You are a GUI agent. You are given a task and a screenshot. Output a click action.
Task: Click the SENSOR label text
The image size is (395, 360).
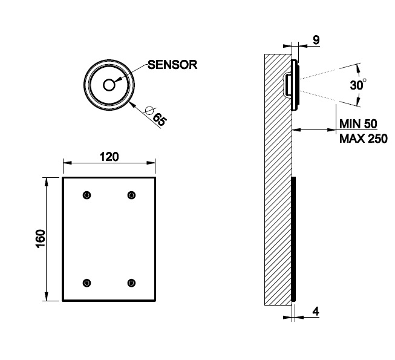point(172,65)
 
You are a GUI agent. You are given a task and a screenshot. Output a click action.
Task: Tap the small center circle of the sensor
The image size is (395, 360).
point(109,85)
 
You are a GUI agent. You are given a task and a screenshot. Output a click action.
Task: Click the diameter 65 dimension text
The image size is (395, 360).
point(159,117)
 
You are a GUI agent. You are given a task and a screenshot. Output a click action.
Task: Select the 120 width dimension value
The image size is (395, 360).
point(109,157)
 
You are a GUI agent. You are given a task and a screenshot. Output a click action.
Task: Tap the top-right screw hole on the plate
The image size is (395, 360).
point(131,195)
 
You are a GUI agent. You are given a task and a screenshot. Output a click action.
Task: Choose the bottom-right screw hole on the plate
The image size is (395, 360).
point(131,283)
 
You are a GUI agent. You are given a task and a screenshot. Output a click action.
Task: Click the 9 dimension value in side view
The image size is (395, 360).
point(316,41)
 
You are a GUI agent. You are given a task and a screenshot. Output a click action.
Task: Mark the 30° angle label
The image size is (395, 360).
point(357,85)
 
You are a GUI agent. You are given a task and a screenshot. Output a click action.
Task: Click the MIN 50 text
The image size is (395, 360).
point(358,123)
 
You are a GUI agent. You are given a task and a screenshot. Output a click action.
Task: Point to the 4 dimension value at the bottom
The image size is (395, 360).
point(316,312)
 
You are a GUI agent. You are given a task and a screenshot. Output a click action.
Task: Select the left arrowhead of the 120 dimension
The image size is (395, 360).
point(66,162)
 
